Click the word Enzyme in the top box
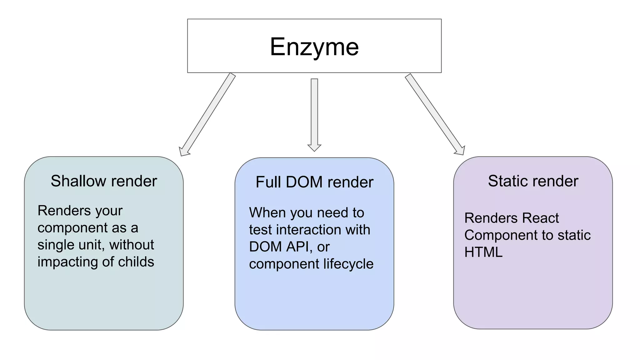pos(314,47)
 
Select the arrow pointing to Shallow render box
pos(208,114)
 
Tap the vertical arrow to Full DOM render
pos(314,114)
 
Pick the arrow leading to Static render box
pos(435,114)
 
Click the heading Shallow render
pos(104,181)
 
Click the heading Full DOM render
pos(314,182)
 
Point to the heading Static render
pos(533,181)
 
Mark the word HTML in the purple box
pos(483,252)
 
